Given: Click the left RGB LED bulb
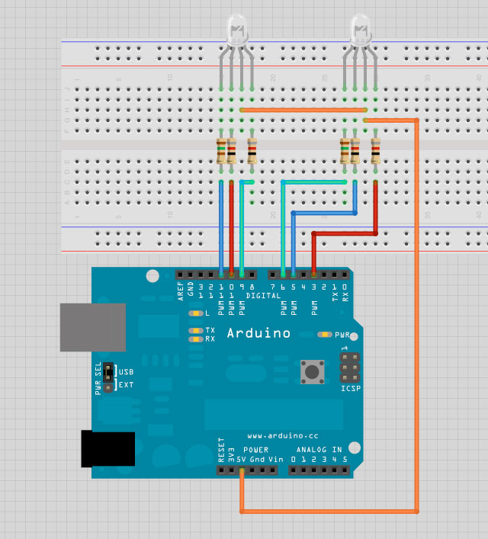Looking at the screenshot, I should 239,30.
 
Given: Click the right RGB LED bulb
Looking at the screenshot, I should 361,30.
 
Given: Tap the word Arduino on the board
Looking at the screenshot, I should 259,333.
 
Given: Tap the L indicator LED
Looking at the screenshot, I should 196,313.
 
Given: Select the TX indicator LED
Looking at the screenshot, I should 196,330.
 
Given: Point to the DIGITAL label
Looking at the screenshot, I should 263,294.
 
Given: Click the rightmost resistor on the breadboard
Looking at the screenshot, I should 375,150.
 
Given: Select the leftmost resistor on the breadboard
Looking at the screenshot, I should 221,150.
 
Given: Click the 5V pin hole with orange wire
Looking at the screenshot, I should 242,471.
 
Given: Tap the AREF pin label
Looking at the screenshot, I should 181,290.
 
